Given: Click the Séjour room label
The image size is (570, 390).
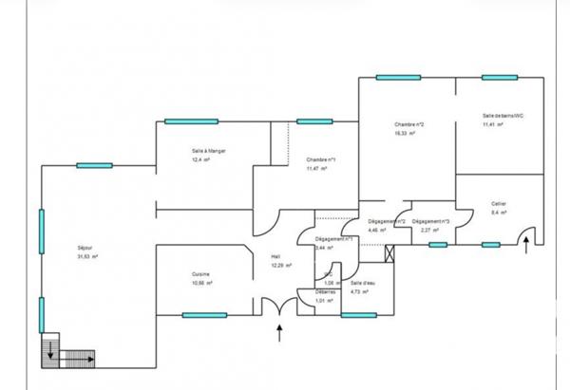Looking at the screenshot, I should point(85,247).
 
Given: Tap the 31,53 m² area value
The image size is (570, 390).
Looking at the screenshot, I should point(88,256).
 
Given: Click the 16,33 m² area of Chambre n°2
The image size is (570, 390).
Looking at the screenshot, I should point(410,134).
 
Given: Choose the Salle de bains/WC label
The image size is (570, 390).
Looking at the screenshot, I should point(503,116).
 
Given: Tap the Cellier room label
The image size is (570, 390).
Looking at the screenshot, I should point(499,203).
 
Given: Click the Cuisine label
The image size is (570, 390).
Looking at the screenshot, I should point(200,273).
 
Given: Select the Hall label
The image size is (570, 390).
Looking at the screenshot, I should point(275,255).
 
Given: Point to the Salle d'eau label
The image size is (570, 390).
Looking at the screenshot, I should point(362,284).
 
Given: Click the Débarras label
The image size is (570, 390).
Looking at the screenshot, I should point(327,291).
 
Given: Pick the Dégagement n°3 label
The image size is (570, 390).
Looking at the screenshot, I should point(430,221).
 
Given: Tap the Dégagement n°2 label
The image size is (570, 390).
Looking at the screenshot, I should point(387,221).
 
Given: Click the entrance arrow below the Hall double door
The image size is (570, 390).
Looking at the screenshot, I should point(279,332).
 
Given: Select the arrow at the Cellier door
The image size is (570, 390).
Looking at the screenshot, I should point(528,249).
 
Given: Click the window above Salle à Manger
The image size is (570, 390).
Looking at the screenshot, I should point(193,121).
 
